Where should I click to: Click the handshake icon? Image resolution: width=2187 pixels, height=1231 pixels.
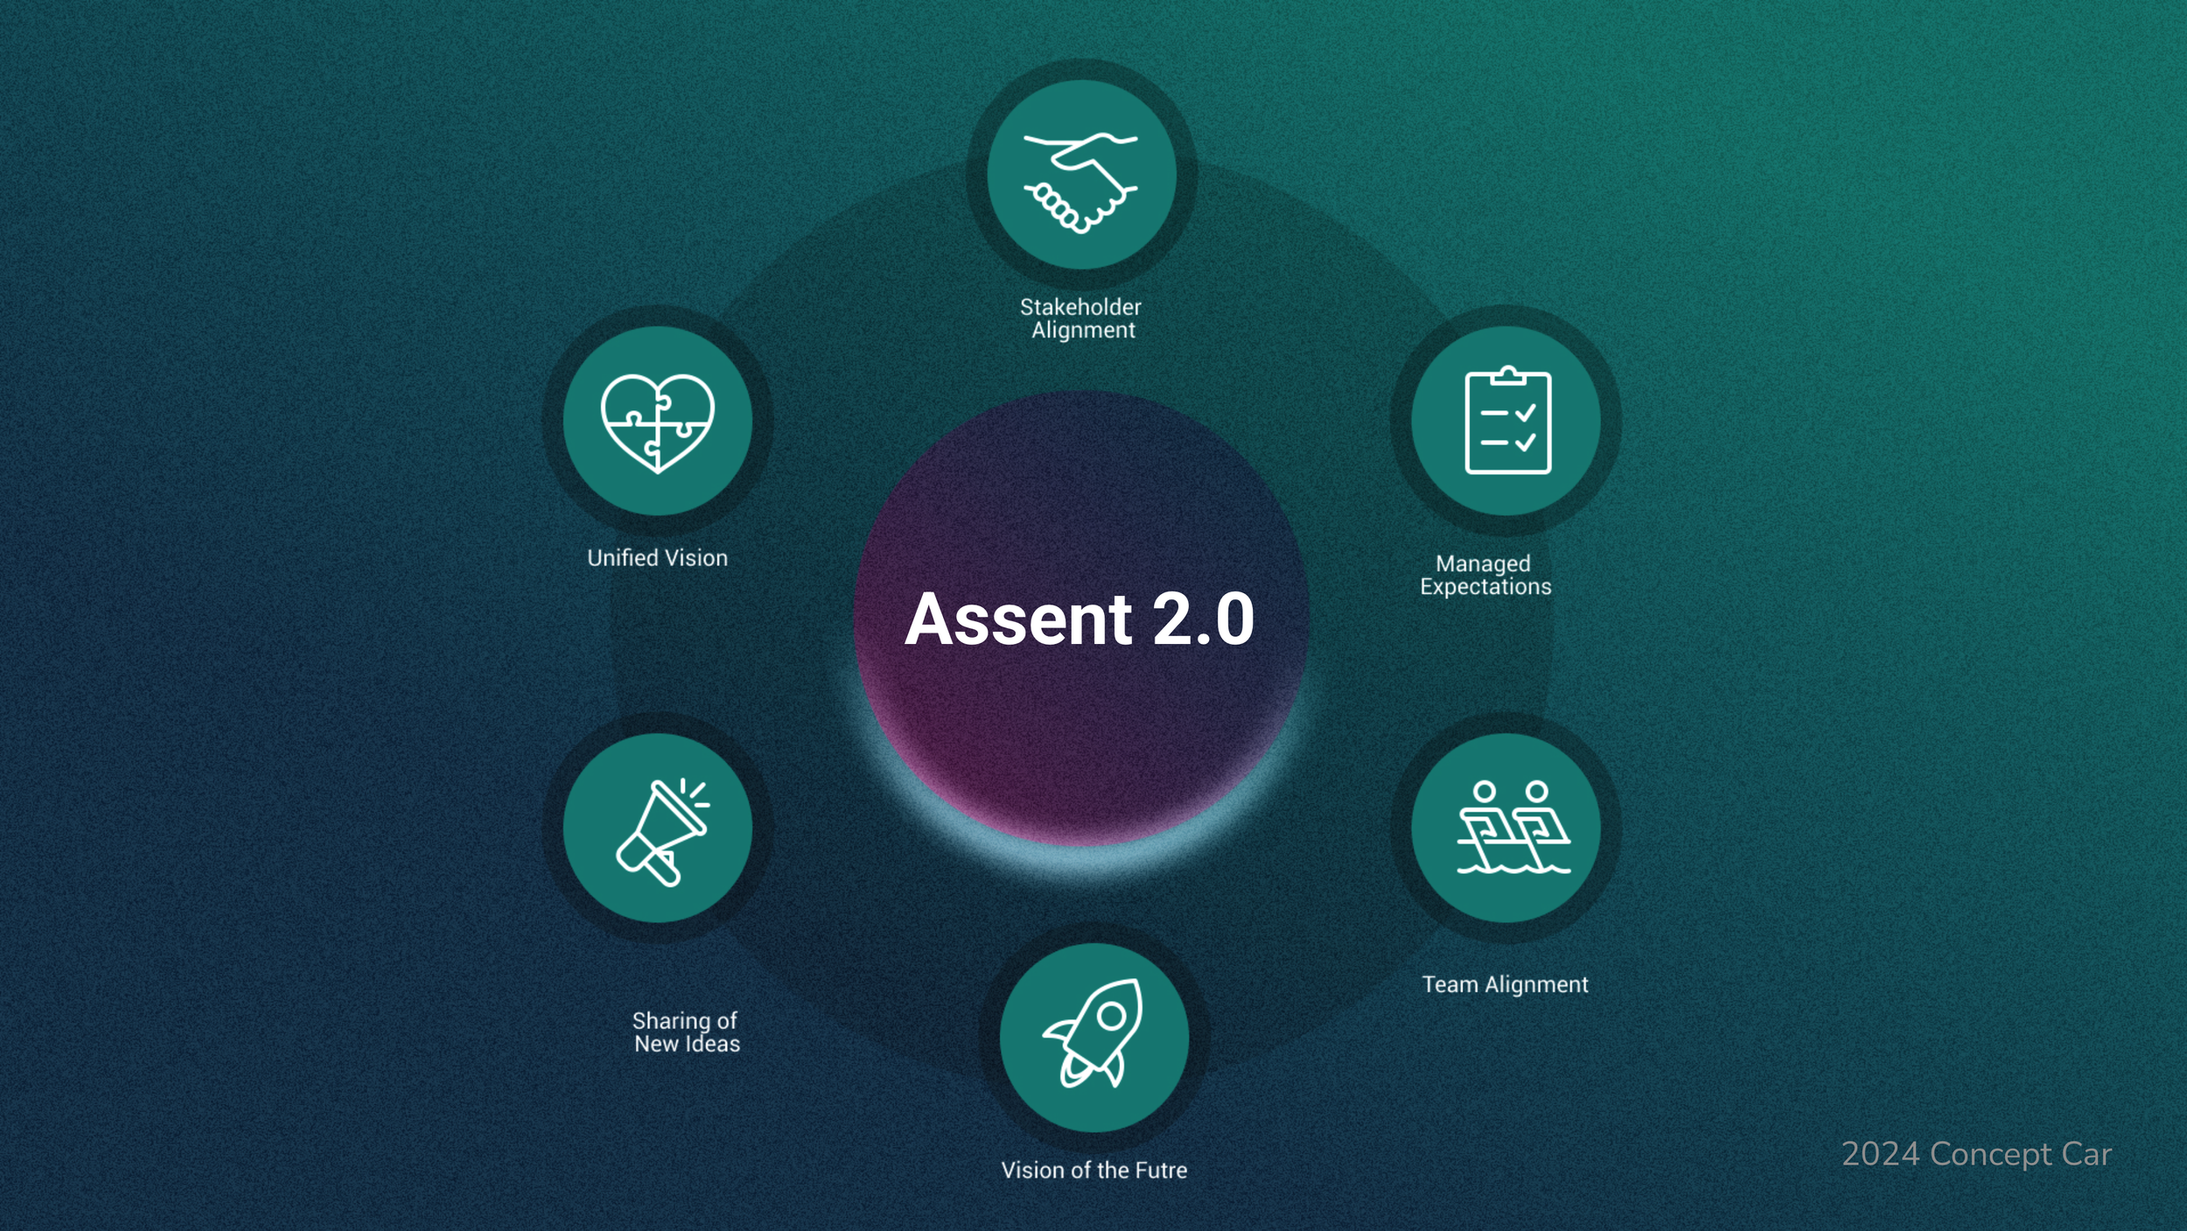[1081, 182]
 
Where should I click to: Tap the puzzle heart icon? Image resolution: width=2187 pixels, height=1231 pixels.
[657, 423]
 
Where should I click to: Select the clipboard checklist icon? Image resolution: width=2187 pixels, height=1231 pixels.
[1507, 421]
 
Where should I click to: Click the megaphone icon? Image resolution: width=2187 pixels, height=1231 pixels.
[661, 832]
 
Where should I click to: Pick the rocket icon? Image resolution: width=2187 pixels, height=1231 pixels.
[1093, 1033]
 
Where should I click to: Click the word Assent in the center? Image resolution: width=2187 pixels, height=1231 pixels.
[1018, 619]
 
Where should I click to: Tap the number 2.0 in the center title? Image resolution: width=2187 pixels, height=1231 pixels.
[1203, 619]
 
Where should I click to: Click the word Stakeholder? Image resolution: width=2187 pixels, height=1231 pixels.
[1080, 307]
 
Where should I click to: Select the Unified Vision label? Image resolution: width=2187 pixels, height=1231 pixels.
[657, 558]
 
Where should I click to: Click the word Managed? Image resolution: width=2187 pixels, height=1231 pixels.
[1483, 563]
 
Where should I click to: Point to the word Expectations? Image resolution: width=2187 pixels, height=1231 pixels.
[1485, 586]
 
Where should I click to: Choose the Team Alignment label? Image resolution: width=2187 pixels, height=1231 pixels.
[1505, 984]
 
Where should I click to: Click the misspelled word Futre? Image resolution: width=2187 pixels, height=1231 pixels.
[1160, 1170]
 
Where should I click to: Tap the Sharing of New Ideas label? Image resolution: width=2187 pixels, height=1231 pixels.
[686, 1032]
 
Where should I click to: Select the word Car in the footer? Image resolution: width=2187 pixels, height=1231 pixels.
[2086, 1154]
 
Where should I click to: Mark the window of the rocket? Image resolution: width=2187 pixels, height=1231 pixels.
[1112, 1016]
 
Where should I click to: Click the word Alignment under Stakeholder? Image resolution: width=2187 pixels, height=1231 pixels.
[1083, 330]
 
